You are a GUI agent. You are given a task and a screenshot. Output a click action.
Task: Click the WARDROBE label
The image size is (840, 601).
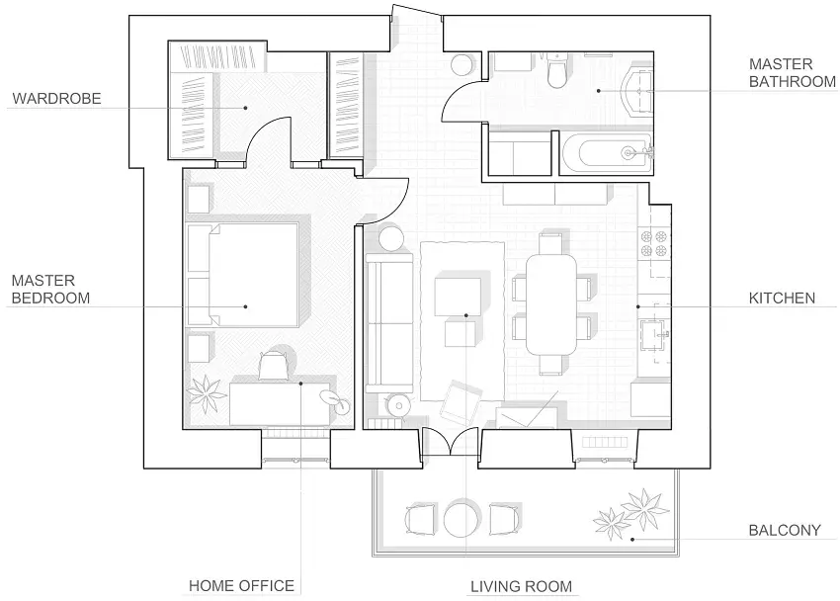[x=56, y=99]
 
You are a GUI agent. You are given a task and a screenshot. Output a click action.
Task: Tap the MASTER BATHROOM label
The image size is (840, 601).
[x=792, y=73]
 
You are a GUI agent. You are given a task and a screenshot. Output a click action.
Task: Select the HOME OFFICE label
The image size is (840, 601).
[x=241, y=585]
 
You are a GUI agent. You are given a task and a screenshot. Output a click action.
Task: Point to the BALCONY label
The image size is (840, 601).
[x=785, y=530]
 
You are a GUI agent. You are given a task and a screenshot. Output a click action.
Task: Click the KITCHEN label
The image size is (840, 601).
[x=782, y=299]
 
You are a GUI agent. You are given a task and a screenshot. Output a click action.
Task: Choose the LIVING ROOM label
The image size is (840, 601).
[x=521, y=586]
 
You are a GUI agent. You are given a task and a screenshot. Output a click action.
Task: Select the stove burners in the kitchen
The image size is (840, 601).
[x=654, y=244]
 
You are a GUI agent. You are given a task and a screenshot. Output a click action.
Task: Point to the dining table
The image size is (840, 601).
[x=551, y=304]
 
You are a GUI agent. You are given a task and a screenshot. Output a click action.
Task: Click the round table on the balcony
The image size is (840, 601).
[x=462, y=519]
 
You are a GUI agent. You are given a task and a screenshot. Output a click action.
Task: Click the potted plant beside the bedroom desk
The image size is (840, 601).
[x=206, y=394]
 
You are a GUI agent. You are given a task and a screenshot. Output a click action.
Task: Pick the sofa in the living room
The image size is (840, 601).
[x=389, y=323]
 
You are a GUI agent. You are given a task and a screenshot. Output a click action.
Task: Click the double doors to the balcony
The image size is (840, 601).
[x=450, y=442]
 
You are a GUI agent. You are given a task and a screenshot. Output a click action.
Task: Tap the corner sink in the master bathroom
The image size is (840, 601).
[x=637, y=91]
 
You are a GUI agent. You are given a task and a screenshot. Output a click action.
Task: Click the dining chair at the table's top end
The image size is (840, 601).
[x=550, y=242]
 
